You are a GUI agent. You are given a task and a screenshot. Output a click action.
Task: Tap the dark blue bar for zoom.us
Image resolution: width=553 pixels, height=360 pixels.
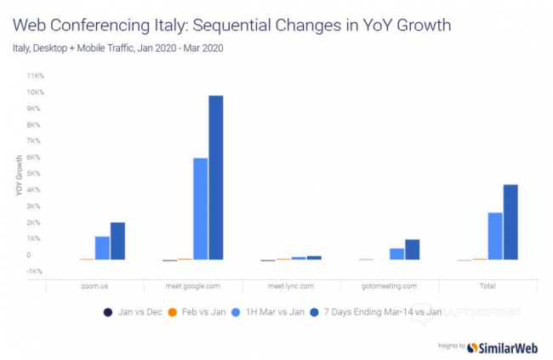117,241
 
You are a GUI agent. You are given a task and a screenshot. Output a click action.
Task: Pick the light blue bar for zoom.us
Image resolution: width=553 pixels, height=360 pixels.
102,248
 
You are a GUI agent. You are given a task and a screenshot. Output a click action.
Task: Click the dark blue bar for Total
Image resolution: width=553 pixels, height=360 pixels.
510,222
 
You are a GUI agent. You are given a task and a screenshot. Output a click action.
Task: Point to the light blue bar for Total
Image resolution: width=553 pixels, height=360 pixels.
494,236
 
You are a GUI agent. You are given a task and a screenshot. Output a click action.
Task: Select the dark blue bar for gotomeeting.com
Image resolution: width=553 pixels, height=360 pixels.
413,249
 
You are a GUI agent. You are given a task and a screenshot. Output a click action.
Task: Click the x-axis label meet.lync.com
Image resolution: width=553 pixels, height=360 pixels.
291,285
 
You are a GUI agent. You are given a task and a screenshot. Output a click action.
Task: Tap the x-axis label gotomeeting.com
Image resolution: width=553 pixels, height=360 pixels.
390,285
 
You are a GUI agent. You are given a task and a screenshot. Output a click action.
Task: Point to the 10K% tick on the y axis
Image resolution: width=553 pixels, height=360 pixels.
35,92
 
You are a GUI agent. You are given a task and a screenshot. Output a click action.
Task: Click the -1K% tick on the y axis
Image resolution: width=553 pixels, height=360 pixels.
35,271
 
